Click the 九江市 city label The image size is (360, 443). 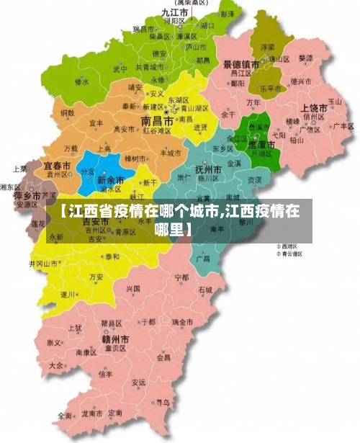175,12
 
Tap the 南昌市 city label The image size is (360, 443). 156,121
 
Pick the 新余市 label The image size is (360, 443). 111,180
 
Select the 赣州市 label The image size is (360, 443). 114,339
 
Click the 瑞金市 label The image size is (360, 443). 181,322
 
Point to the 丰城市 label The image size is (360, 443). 171,153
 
